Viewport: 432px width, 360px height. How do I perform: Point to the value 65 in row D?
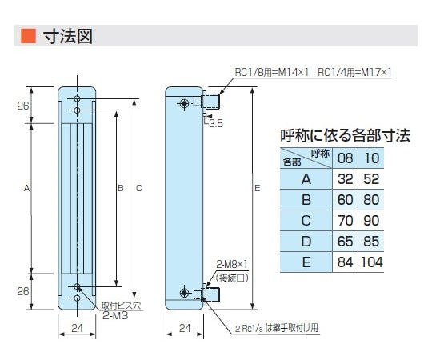346,241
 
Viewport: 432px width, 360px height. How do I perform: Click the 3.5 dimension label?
214,124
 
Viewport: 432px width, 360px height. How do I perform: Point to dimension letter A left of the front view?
26,189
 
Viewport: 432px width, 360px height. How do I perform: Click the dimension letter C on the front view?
139,189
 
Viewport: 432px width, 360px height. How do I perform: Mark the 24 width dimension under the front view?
77,328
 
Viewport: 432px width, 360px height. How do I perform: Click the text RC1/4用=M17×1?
354,72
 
